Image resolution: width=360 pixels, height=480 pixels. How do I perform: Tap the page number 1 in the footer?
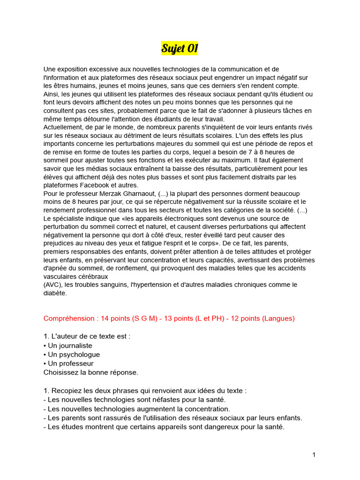click(x=314, y=455)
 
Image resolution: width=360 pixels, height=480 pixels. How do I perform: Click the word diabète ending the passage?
click(x=55, y=293)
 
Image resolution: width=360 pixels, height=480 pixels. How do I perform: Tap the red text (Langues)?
click(x=278, y=318)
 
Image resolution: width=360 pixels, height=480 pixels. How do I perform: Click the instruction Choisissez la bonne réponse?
click(x=91, y=372)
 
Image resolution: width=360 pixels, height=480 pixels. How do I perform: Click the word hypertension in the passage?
click(x=165, y=285)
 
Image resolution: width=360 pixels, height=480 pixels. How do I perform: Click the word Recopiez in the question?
click(x=67, y=390)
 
